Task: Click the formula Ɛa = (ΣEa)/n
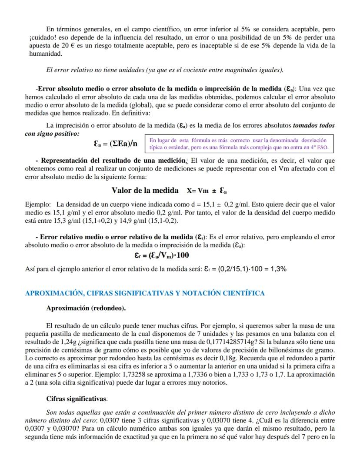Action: pos(115,144)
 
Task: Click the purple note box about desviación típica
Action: pos(238,144)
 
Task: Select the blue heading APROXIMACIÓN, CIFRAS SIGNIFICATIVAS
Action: pos(144,293)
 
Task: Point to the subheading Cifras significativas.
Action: pos(77,398)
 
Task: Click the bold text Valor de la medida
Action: pos(145,191)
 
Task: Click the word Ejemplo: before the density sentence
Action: pos(38,204)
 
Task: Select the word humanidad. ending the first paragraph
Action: pos(43,54)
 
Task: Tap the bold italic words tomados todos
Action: pos(314,125)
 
